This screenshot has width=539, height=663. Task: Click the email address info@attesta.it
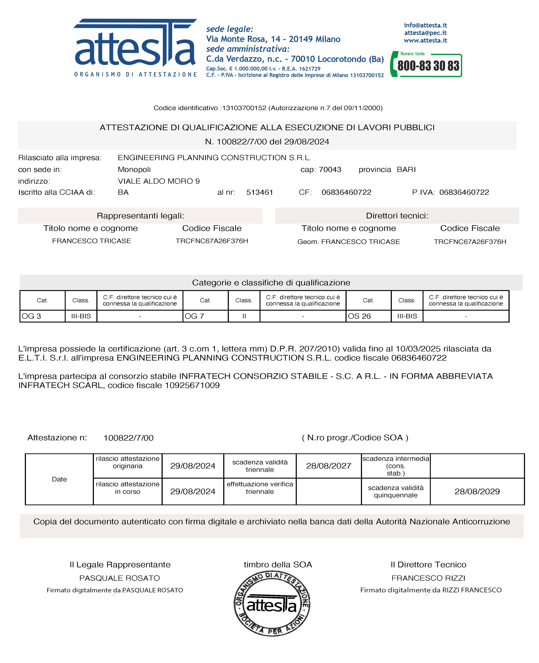point(425,25)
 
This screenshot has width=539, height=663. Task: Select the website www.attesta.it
point(425,40)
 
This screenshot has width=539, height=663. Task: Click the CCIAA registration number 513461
point(260,192)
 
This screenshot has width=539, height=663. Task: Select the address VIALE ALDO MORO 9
point(159,181)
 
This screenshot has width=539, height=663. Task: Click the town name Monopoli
point(134,170)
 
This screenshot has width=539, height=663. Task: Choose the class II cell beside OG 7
point(244,316)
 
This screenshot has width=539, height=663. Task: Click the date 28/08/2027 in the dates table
point(328,466)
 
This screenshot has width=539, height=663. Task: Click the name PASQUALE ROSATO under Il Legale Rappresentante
point(120,578)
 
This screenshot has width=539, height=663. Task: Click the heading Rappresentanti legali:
point(140,216)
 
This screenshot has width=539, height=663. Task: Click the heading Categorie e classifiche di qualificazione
point(271,283)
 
